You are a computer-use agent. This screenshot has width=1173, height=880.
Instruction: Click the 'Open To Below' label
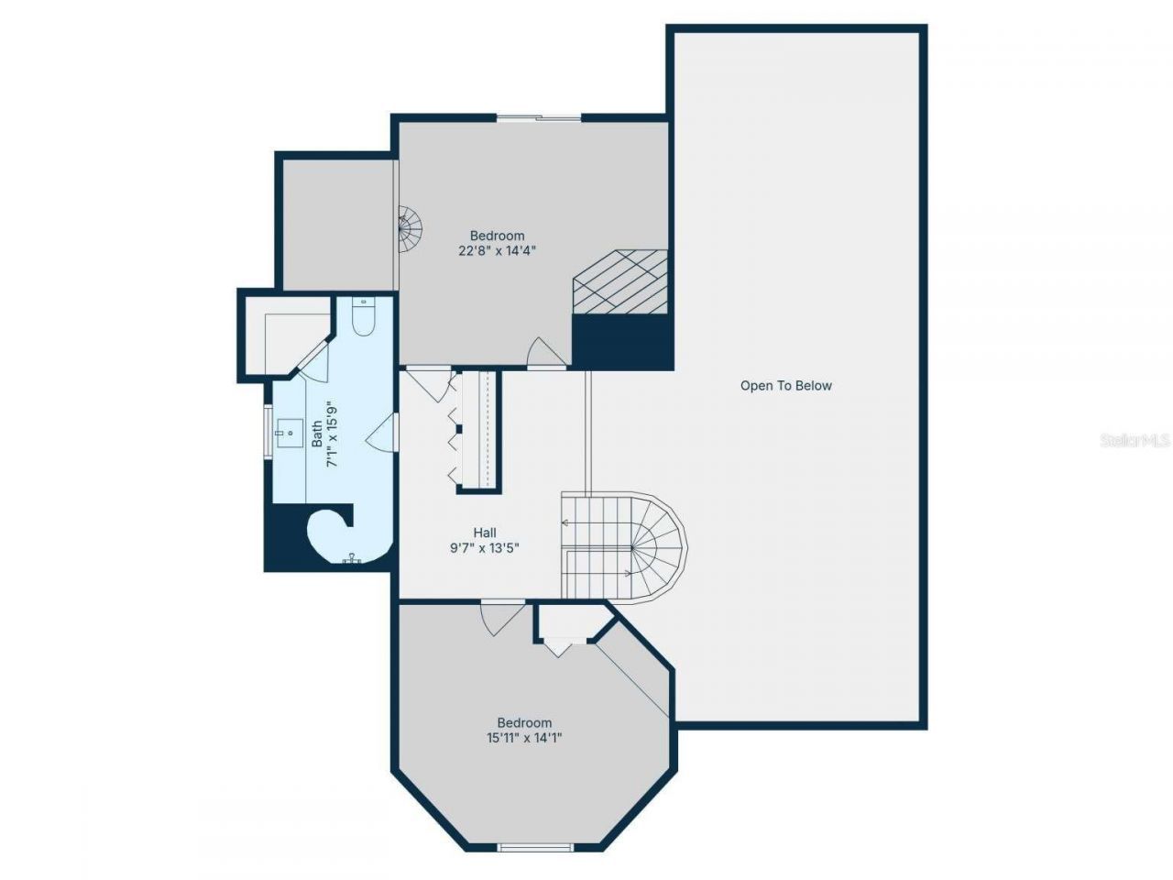pyautogui.click(x=785, y=386)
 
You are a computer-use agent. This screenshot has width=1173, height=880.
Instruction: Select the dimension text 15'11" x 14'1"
pyautogui.click(x=523, y=737)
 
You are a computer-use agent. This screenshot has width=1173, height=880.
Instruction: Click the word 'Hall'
pyautogui.click(x=485, y=533)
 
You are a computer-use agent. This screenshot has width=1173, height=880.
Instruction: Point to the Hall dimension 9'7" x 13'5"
pyautogui.click(x=485, y=548)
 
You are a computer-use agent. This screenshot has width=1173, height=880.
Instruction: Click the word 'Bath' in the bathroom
pyautogui.click(x=317, y=434)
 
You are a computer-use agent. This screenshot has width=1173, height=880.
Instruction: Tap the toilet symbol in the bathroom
pyautogui.click(x=364, y=318)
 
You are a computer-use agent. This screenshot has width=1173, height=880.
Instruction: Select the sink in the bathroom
pyautogui.click(x=291, y=431)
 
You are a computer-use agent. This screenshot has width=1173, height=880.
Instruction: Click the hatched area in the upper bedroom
pyautogui.click(x=620, y=281)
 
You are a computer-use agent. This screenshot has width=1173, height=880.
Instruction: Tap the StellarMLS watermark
pyautogui.click(x=1135, y=441)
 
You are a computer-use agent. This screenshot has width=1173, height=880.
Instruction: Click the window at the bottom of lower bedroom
pyautogui.click(x=535, y=847)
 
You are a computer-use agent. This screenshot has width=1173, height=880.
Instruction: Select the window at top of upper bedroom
pyautogui.click(x=539, y=117)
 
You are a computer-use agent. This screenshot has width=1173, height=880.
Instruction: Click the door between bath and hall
pyautogui.click(x=383, y=431)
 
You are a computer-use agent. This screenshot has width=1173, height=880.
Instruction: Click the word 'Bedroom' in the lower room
pyautogui.click(x=524, y=722)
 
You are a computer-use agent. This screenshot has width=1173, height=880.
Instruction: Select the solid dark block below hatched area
pyautogui.click(x=622, y=342)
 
